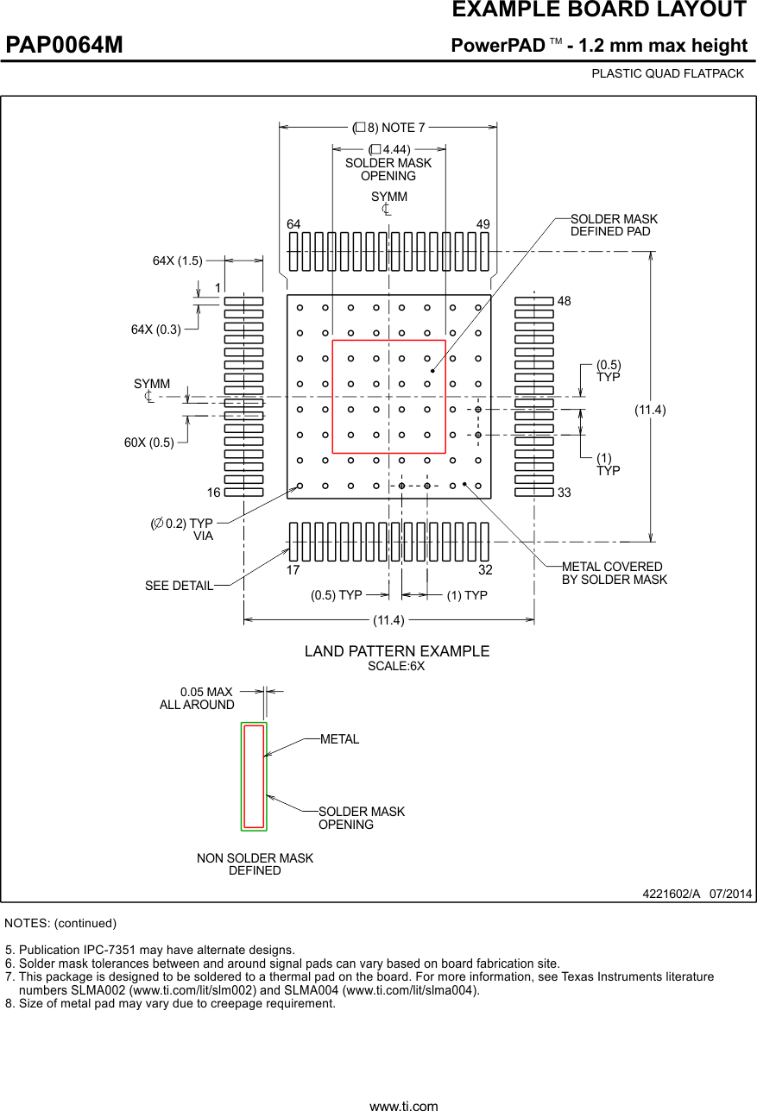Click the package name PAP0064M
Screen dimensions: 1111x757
click(x=65, y=45)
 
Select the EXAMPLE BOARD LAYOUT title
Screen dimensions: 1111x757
click(x=599, y=10)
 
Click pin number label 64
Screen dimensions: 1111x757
click(x=293, y=224)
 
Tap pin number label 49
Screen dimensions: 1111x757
click(x=483, y=224)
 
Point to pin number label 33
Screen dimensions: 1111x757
click(x=565, y=493)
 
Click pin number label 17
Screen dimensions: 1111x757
click(x=293, y=570)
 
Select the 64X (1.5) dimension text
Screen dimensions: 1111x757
click(x=178, y=260)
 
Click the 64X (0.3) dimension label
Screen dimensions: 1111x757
click(x=156, y=329)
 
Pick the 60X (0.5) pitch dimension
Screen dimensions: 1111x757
click(x=149, y=443)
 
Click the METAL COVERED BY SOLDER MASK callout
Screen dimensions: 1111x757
click(x=614, y=573)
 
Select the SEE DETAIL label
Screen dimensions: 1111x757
click(x=179, y=586)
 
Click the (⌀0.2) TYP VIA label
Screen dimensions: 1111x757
click(x=182, y=530)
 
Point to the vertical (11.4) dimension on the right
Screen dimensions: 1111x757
click(x=650, y=410)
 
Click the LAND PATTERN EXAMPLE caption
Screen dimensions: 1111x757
click(x=396, y=651)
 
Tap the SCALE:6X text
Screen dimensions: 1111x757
click(x=396, y=667)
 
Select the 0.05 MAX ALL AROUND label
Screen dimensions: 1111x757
click(x=198, y=699)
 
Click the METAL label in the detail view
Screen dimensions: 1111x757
click(x=339, y=739)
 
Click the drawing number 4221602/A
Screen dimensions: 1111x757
click(x=671, y=894)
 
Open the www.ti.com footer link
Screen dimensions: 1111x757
click(x=403, y=1105)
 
